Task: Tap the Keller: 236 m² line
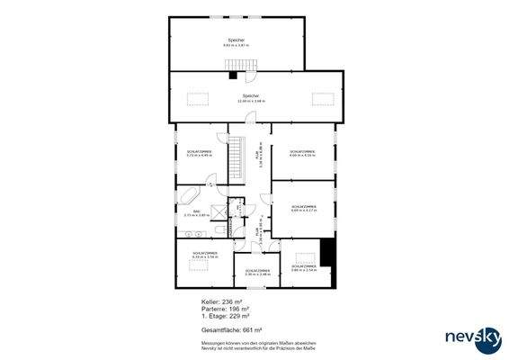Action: point(225,302)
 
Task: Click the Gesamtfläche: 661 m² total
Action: point(231,330)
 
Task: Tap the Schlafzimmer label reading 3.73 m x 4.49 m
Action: point(199,154)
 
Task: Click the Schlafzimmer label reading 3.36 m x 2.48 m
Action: point(256,273)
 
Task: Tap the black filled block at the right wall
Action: point(327,253)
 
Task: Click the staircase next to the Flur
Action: point(237,161)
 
